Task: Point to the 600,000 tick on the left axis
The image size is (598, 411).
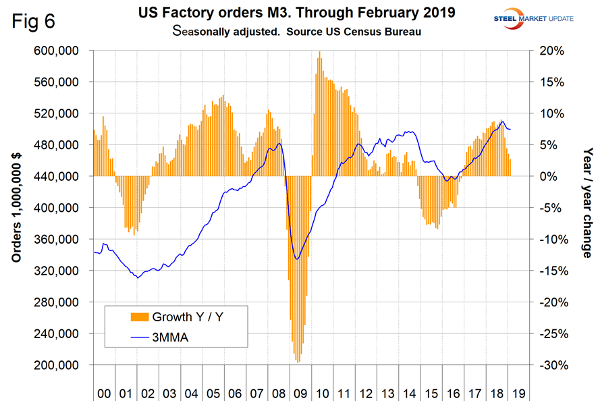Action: coord(61,51)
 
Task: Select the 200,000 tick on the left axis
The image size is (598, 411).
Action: coord(61,365)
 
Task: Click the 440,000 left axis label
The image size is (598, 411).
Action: coord(61,176)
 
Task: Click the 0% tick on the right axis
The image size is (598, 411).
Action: coord(547,176)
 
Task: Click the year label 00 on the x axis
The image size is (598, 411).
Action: coord(104,393)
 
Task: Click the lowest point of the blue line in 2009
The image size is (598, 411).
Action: coord(297,258)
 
